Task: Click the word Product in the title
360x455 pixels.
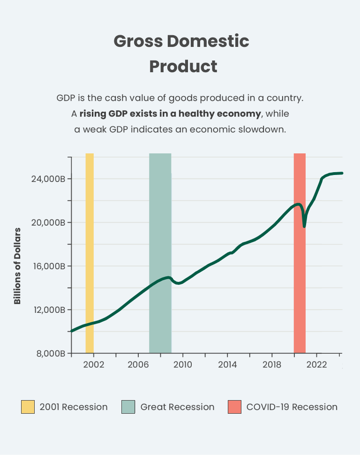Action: coord(183,66)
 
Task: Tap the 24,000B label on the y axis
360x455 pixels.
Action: coord(48,179)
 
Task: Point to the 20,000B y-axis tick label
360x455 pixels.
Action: coord(48,222)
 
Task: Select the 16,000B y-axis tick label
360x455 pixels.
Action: coord(48,266)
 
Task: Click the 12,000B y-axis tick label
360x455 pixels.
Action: coord(48,310)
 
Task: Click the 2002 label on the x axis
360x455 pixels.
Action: coord(93,364)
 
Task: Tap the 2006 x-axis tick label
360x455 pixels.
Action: coord(138,364)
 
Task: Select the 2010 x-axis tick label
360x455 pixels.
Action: coord(182,364)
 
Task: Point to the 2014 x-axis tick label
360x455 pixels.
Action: coord(227,364)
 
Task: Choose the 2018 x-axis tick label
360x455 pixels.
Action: coord(271,364)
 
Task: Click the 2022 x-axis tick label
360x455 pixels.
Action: coord(316,364)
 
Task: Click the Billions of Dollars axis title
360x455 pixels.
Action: coord(18,266)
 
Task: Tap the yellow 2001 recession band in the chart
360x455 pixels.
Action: coord(90,253)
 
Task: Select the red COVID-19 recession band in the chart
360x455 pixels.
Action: coord(300,281)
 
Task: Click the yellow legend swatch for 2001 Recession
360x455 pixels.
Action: coord(28,407)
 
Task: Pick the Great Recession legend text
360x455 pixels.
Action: coord(177,407)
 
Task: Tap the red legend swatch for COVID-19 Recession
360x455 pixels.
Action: coord(234,407)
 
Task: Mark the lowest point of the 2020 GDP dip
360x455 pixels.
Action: coord(304,227)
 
